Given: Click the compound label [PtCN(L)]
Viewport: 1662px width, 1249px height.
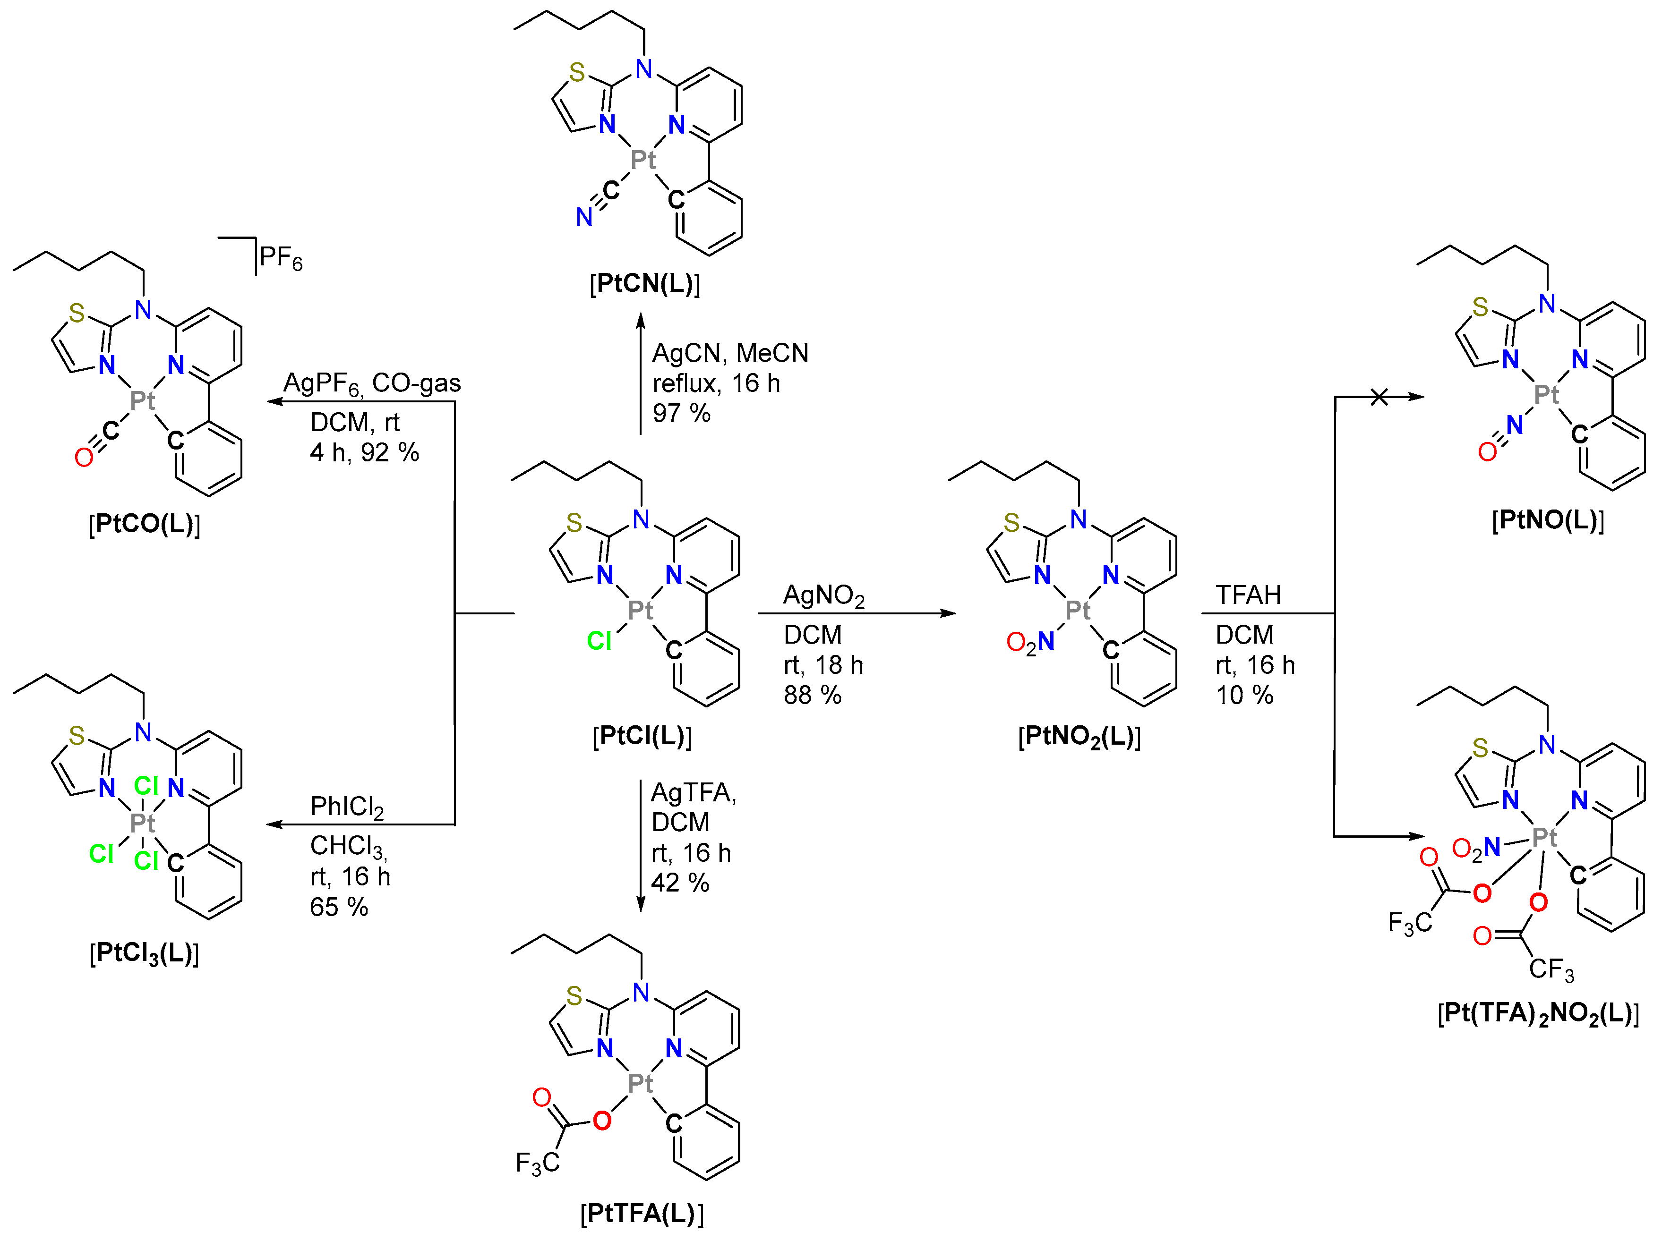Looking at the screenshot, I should (645, 284).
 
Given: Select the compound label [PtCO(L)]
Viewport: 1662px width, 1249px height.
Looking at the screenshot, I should (144, 524).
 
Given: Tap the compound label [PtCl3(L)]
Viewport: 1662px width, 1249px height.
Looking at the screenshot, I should (144, 954).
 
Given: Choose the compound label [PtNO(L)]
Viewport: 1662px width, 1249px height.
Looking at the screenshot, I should (1548, 520).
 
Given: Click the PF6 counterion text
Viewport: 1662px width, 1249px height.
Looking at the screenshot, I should (280, 258).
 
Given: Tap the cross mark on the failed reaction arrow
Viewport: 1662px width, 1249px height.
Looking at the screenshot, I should (1379, 397).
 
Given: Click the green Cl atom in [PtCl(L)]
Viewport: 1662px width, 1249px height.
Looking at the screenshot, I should (599, 641).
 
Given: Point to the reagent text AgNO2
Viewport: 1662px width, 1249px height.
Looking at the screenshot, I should (823, 595).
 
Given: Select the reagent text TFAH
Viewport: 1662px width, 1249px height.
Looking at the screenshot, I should (1248, 595).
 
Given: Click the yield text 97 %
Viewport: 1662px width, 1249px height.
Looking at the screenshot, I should (681, 413).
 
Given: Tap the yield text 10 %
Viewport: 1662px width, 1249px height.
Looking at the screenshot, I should (1244, 695).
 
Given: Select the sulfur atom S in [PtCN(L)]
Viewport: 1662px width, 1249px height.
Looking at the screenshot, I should (576, 72).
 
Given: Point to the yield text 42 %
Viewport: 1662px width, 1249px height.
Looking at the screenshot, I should (679, 883).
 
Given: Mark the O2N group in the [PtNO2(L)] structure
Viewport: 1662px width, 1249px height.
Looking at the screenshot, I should (1030, 642).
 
